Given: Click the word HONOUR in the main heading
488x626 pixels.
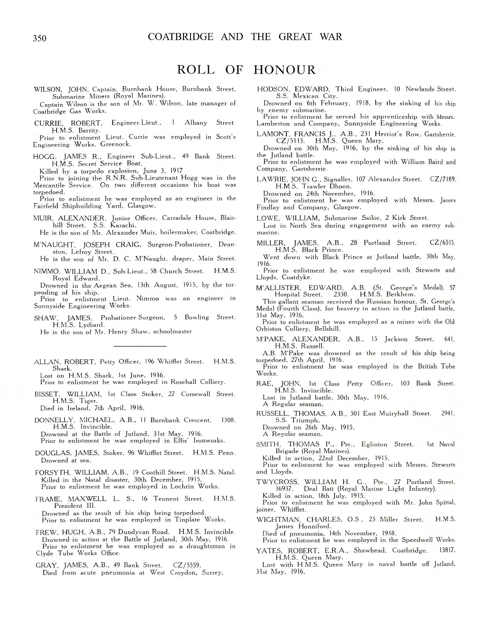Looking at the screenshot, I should [285, 70].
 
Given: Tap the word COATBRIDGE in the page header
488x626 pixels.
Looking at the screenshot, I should [181, 37].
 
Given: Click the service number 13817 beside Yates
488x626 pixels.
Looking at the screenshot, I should [446, 551].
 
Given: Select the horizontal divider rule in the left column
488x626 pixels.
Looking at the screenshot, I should [139, 346].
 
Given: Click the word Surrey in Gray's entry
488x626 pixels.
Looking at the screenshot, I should [212, 573].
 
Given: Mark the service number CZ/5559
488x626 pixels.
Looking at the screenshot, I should [187, 565].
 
